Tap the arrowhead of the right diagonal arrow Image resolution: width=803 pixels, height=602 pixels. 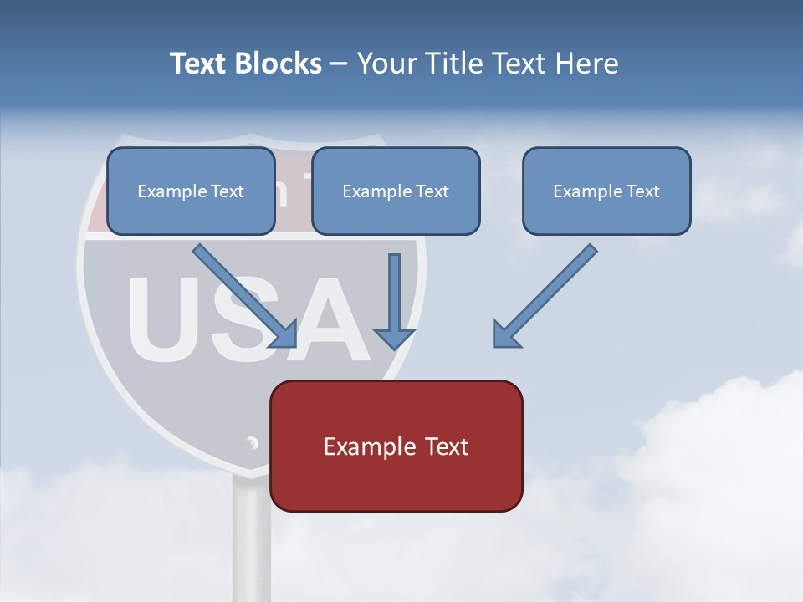[x=504, y=335]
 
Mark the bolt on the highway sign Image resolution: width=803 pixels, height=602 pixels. [x=251, y=442]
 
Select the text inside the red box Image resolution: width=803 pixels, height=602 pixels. [x=396, y=446]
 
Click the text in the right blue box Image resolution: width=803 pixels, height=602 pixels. [x=606, y=191]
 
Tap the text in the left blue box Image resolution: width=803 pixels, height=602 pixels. [x=191, y=191]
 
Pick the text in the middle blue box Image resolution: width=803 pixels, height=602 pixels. [x=396, y=191]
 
